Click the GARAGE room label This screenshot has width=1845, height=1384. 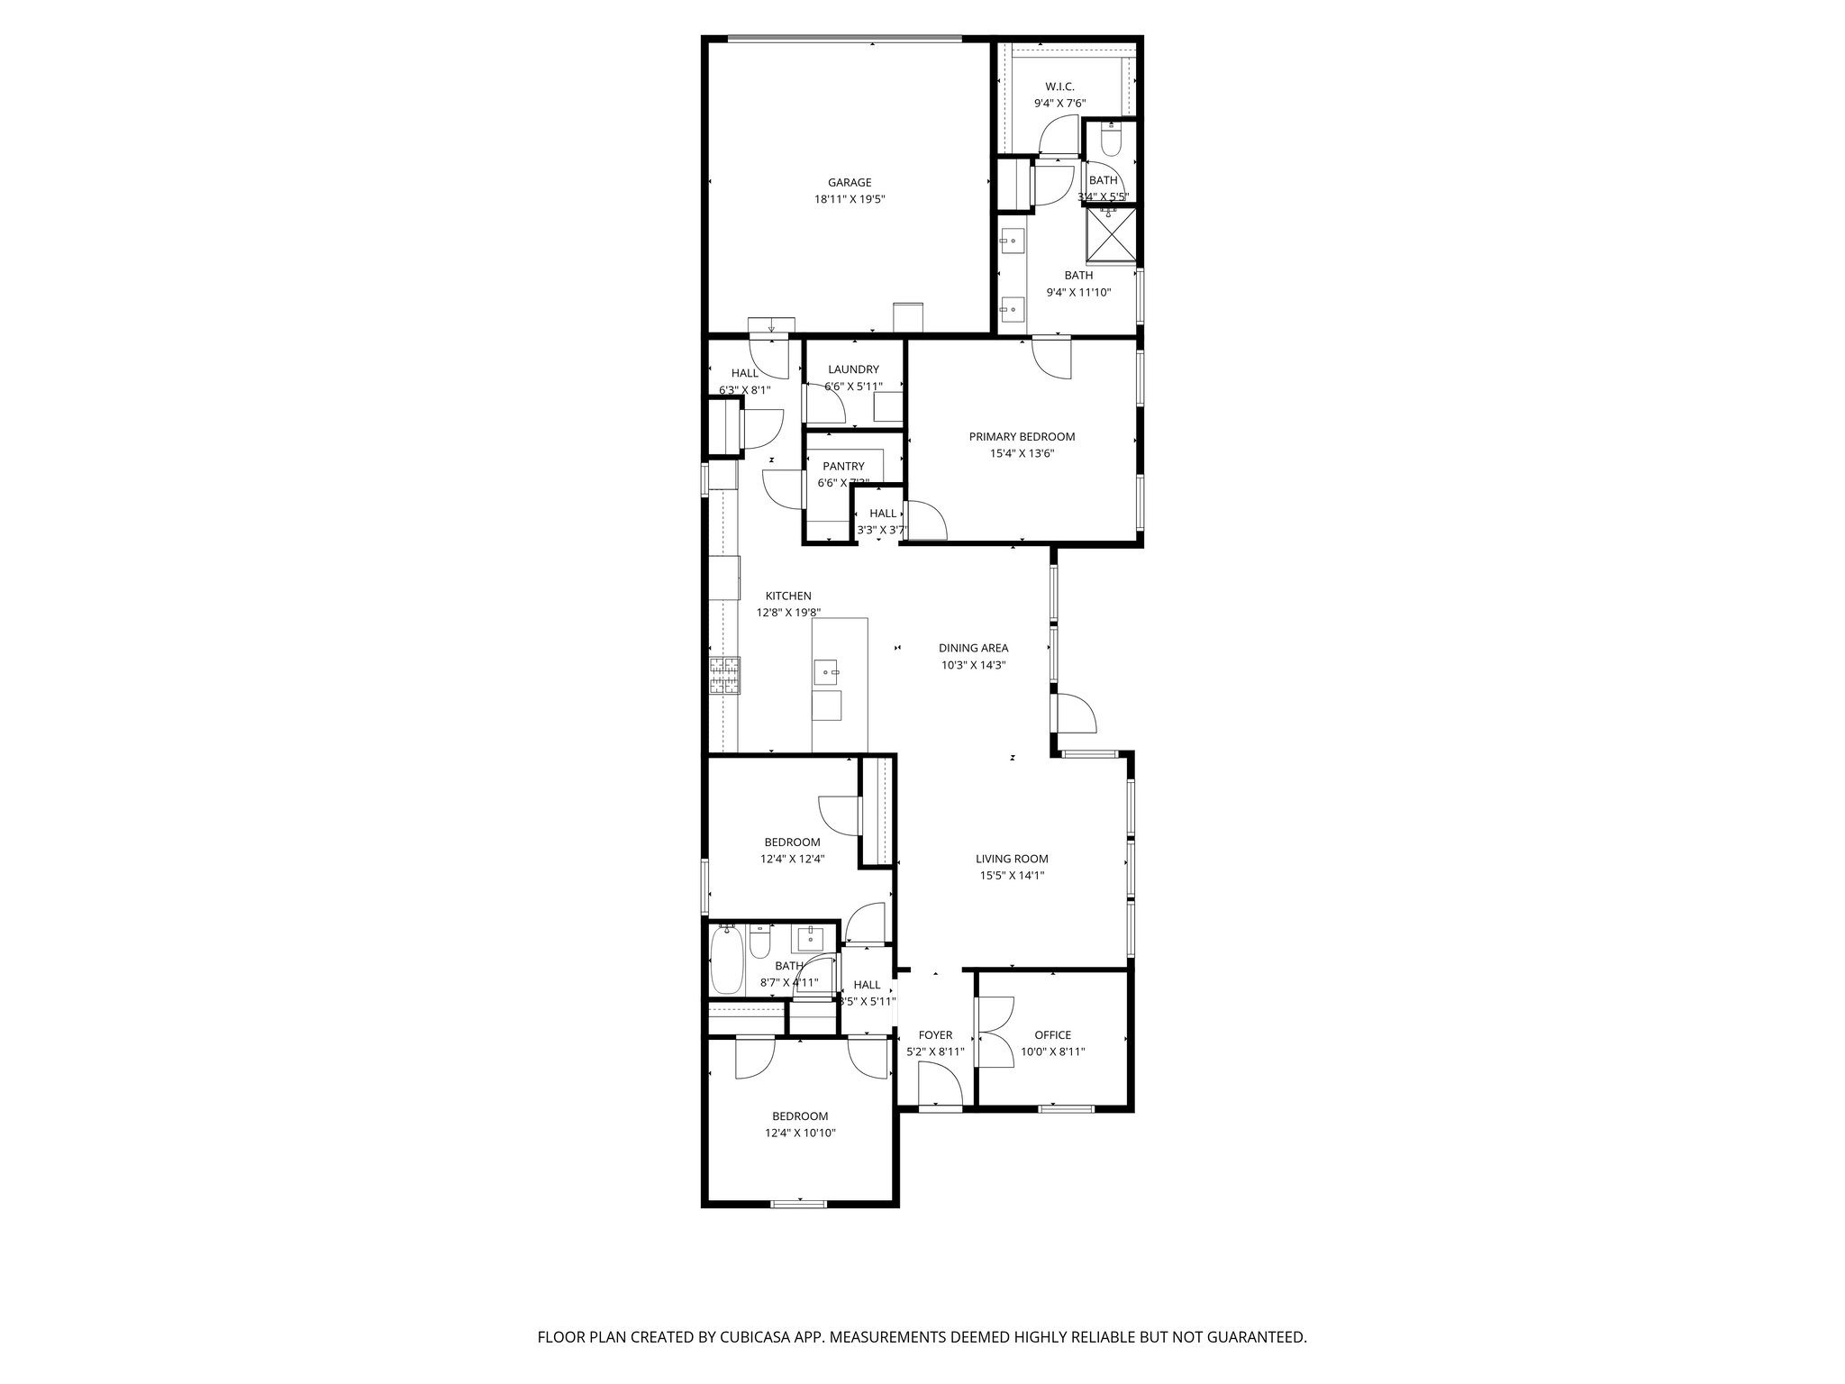click(850, 183)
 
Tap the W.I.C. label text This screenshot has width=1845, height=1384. click(1059, 86)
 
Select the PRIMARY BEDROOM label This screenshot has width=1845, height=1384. click(1022, 437)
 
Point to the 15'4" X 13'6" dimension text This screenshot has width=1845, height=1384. click(1022, 454)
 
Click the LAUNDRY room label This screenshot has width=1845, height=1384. click(853, 369)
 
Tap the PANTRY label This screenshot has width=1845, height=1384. click(843, 467)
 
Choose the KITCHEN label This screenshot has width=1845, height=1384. click(788, 596)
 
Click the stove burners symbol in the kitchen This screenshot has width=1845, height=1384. click(724, 677)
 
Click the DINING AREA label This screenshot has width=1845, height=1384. click(973, 648)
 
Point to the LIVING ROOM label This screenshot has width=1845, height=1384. click(1012, 860)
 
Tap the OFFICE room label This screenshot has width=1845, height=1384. click(1052, 1035)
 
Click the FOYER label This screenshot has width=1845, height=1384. click(935, 1035)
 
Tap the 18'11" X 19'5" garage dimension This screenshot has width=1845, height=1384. click(850, 200)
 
